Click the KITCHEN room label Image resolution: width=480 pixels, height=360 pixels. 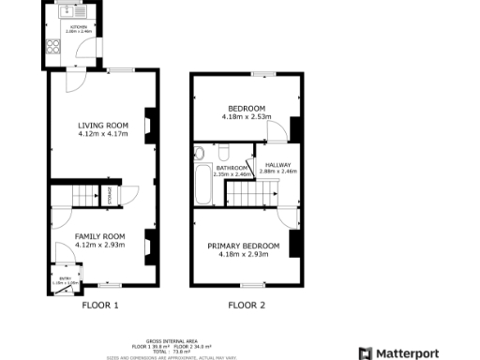[x=80, y=27]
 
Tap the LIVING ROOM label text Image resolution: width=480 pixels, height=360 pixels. [x=103, y=126]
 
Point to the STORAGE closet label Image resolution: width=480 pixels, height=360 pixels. [x=110, y=195]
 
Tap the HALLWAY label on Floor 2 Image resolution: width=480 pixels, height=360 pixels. [x=277, y=165]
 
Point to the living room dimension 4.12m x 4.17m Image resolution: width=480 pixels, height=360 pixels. [x=103, y=134]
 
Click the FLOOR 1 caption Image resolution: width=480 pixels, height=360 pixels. [x=100, y=306]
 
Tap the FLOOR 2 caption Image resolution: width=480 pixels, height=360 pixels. [x=247, y=306]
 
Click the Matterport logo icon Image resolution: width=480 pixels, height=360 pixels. [x=367, y=353]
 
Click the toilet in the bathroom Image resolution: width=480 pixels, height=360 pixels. [x=199, y=154]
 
